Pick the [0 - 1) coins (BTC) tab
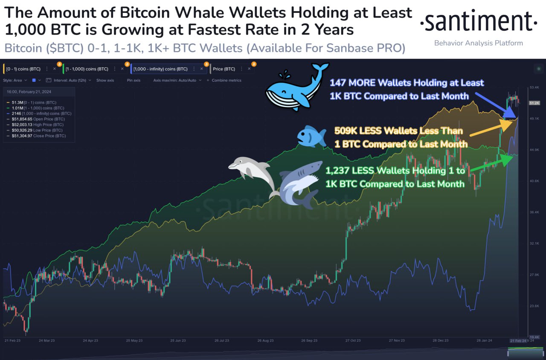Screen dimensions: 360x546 (24, 69)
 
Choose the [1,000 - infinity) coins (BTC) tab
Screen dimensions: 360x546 (160, 69)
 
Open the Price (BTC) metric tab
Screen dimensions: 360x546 (224, 69)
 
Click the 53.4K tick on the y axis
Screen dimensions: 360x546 (534, 87)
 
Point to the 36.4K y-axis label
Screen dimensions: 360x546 (534, 212)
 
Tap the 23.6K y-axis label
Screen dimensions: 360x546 (534, 306)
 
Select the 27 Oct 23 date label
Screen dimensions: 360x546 (353, 340)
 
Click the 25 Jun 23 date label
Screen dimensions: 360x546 (178, 340)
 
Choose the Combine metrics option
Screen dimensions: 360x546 (226, 80)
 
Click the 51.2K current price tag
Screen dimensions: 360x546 (534, 103)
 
